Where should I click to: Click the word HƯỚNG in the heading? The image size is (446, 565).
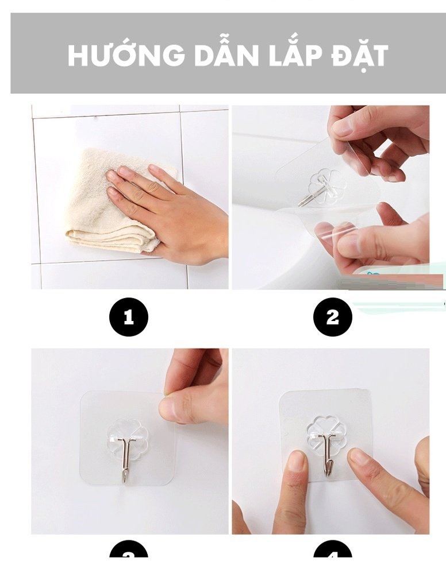pos(126,55)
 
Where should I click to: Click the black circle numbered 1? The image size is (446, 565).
pos(129,317)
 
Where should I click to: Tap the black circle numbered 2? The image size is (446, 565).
pos(332,317)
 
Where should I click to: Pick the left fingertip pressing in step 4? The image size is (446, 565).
pos(297,461)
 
